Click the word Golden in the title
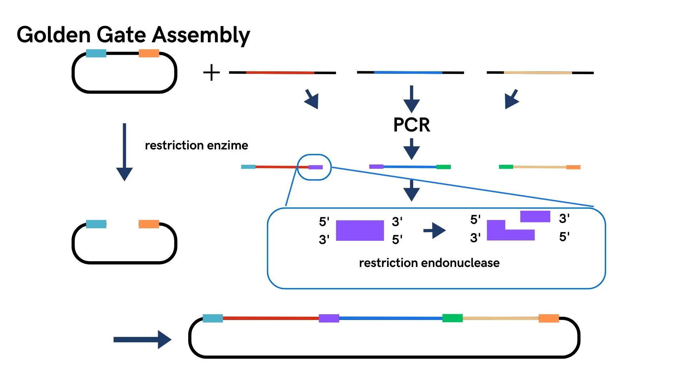click(x=54, y=35)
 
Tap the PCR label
click(x=411, y=125)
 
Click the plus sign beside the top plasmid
click(x=211, y=72)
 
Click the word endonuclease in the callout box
click(x=460, y=263)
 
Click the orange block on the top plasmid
click(x=149, y=53)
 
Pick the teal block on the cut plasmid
click(x=96, y=224)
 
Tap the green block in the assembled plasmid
click(x=452, y=318)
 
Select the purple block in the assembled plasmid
click(x=329, y=318)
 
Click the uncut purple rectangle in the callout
click(x=360, y=230)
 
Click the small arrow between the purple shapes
click(x=434, y=230)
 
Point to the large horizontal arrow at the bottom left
click(x=142, y=339)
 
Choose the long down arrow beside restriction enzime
click(x=124, y=152)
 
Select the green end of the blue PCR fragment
click(x=443, y=167)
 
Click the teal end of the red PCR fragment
click(x=248, y=167)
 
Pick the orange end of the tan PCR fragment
click(x=573, y=167)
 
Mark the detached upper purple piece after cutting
click(x=535, y=216)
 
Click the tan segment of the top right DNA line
click(x=538, y=73)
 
